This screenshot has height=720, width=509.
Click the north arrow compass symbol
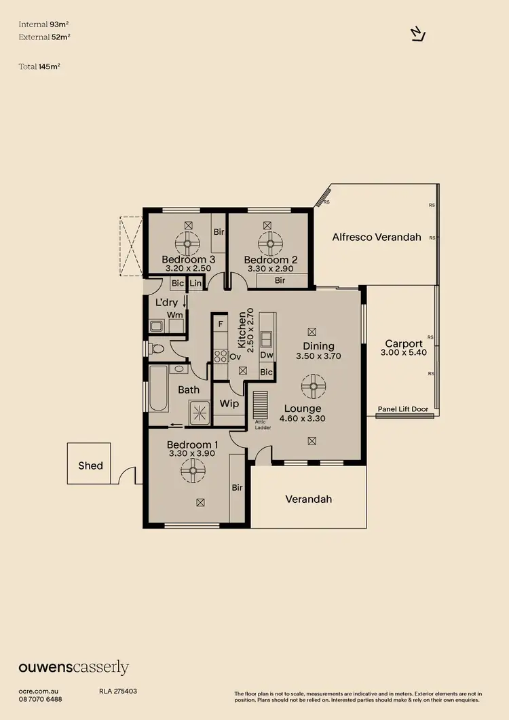point(418,35)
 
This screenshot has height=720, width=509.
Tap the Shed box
point(90,465)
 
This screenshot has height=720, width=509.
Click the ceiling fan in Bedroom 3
point(188,242)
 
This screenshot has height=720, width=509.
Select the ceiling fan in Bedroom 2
point(269,242)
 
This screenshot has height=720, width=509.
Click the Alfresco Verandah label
point(377,238)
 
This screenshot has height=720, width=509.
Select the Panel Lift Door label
point(403,410)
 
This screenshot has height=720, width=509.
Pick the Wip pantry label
point(228,404)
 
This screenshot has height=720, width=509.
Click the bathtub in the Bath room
point(158,389)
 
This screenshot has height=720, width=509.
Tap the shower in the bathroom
point(199,411)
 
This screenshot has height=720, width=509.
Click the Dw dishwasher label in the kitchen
point(266,355)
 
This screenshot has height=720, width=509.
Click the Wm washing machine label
point(174,315)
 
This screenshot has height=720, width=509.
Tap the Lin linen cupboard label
point(195,283)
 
